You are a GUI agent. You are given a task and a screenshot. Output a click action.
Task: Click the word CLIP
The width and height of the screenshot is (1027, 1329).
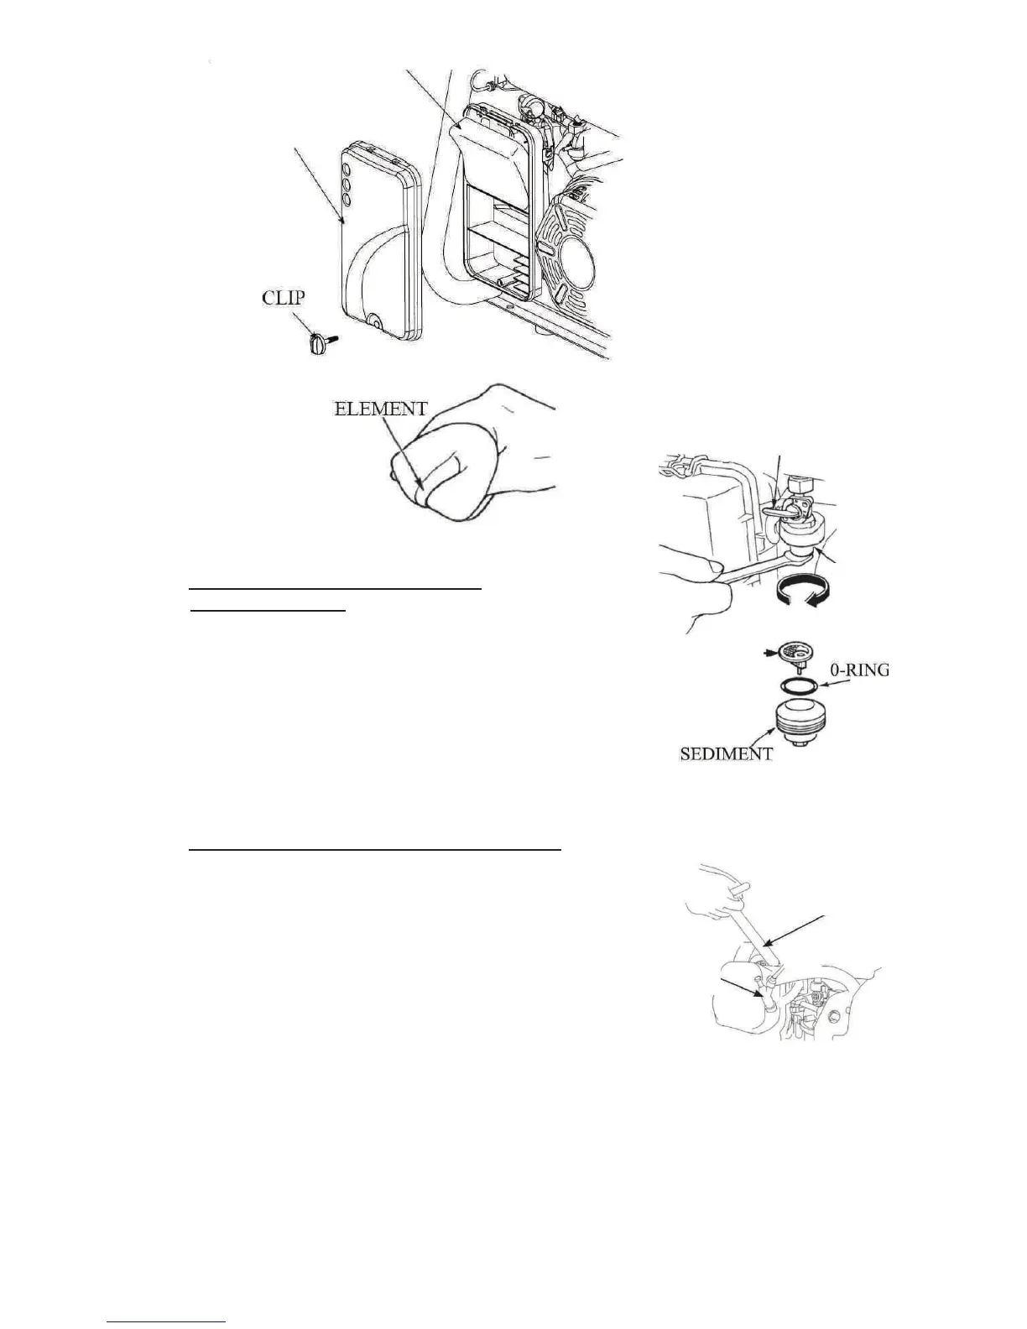(284, 299)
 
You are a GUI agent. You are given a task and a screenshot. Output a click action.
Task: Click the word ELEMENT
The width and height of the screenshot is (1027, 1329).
(380, 410)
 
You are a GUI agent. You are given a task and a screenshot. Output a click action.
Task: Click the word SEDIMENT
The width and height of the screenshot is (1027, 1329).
(725, 753)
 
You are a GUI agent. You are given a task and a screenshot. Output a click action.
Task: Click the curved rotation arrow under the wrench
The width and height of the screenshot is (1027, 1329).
(803, 594)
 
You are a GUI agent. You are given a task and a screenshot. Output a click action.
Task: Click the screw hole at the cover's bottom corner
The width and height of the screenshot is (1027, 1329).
(373, 320)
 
